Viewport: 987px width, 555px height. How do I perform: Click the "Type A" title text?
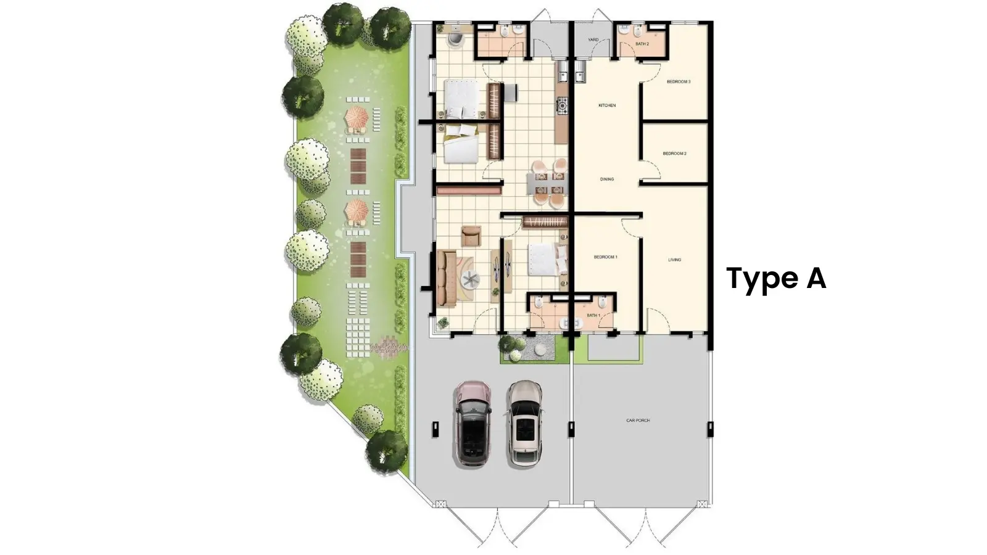776,279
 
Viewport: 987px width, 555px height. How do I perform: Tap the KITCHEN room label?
607,105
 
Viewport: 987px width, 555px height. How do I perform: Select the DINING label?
607,179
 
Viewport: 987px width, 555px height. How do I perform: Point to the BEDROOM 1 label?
605,257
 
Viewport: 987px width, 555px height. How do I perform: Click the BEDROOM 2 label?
674,154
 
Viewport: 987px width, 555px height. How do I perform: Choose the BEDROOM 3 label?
678,82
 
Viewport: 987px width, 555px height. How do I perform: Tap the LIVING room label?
674,260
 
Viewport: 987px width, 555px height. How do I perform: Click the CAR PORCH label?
638,421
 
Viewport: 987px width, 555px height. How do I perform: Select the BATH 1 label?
593,316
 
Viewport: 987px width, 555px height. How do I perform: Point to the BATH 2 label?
642,44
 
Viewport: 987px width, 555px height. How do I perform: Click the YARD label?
593,40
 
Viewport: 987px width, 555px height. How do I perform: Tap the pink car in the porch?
473,423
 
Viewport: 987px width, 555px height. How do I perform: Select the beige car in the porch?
524,423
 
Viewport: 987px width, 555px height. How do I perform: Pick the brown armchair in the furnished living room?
471,235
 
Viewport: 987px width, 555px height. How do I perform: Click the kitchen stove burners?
562,106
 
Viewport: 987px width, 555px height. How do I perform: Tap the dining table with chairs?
548,183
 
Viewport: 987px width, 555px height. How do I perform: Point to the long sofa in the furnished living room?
446,277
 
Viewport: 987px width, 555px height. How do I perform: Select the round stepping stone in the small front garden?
540,349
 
